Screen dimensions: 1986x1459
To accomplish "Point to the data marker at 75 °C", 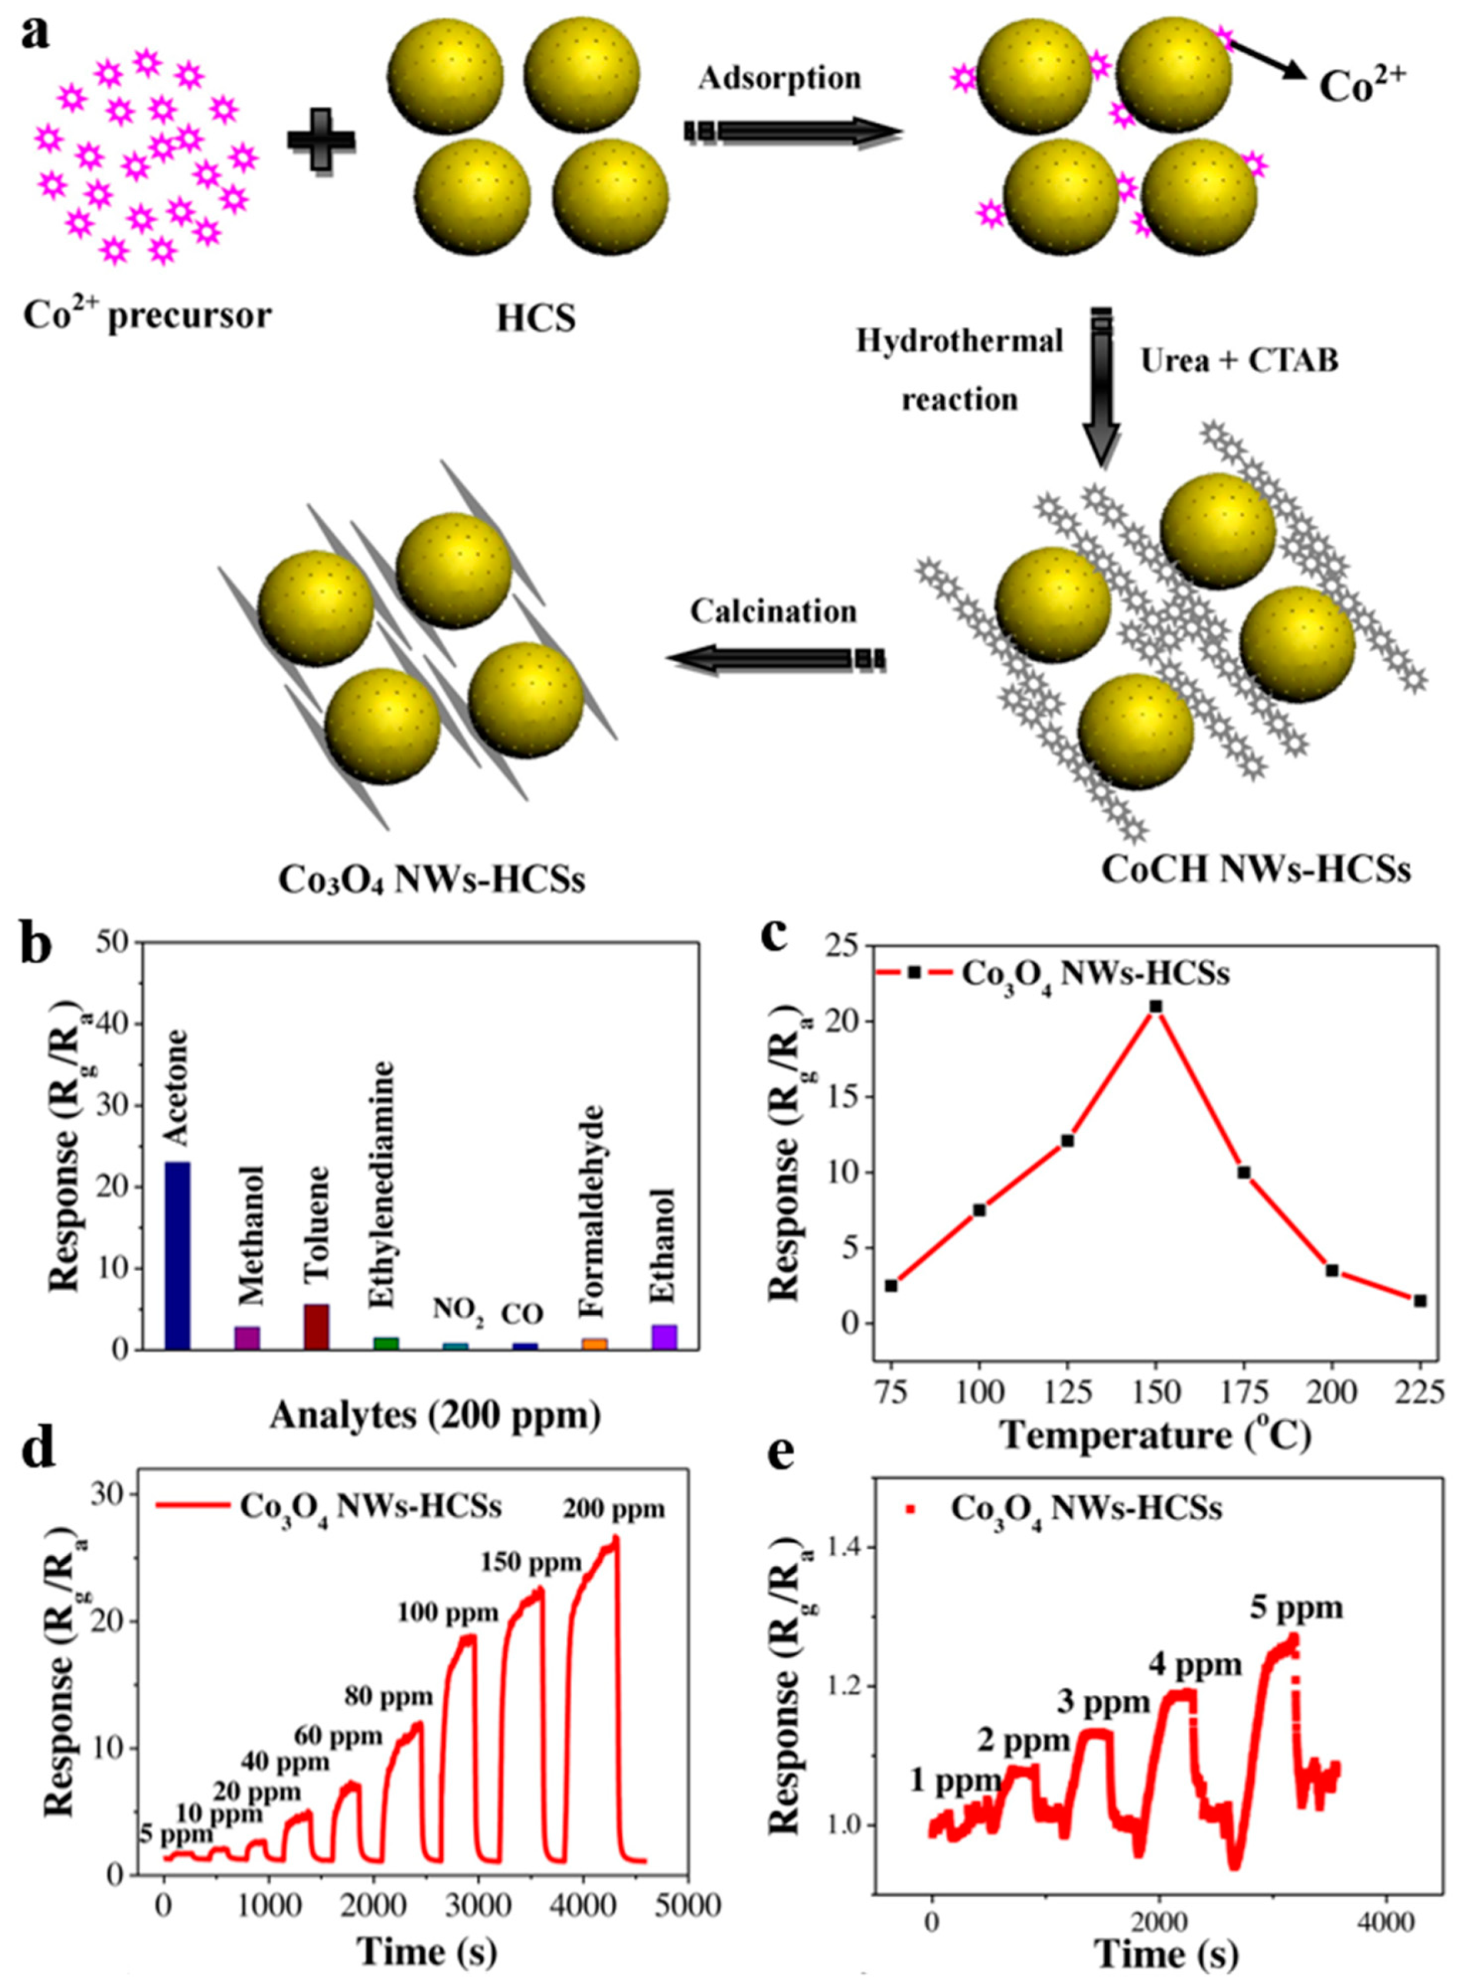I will click(891, 1286).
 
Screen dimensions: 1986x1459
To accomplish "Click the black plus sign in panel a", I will click(321, 140).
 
